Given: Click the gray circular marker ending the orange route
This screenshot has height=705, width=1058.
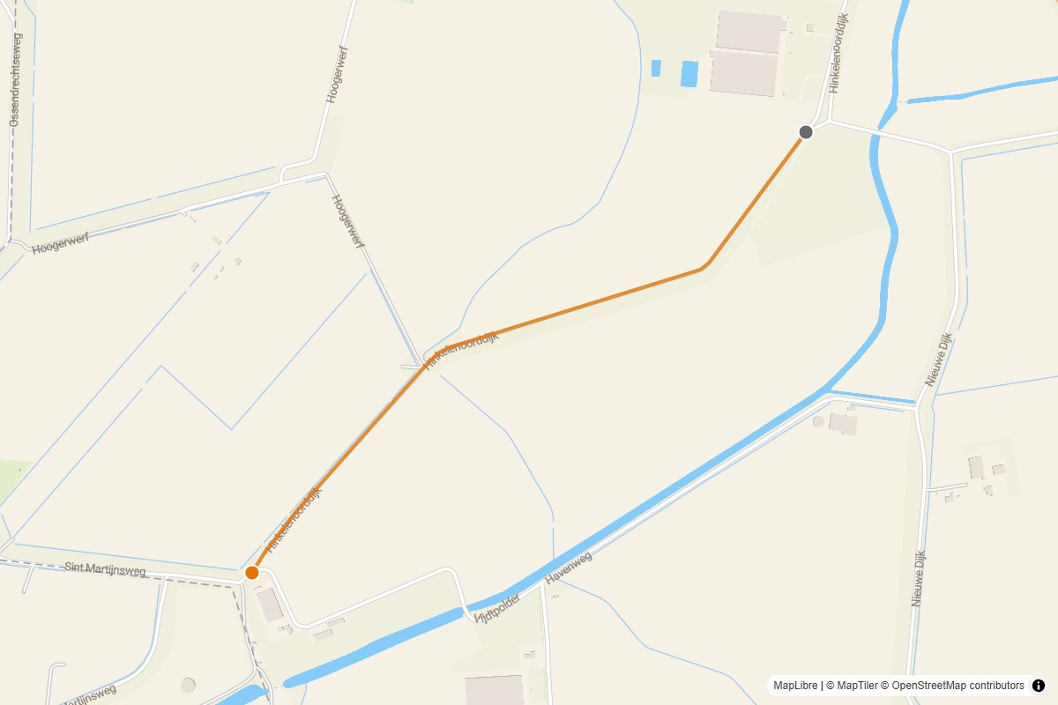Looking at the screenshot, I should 805,132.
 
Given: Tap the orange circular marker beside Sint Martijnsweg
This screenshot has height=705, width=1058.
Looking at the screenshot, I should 252,573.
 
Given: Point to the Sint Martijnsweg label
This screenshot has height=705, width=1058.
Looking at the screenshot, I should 106,570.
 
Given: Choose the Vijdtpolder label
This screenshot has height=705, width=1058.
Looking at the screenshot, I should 497,608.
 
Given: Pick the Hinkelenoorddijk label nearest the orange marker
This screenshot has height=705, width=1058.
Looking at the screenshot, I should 294,519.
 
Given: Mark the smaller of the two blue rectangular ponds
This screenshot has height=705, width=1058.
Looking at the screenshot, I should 656,68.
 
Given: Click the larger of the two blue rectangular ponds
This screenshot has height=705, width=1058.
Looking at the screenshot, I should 689,73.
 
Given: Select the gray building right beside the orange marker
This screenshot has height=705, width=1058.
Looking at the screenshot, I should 270,605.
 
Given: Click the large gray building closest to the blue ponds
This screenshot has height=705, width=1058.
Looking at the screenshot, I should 745,72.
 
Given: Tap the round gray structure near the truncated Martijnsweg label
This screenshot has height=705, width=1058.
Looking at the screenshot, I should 188,685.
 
